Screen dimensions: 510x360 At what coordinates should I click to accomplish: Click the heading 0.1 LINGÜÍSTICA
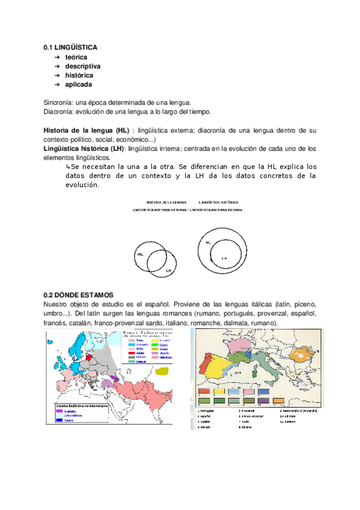70,47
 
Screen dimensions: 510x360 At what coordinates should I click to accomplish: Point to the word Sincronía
61,103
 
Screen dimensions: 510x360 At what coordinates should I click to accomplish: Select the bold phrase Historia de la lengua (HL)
87,131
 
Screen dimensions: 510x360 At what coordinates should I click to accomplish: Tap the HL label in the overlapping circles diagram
141,254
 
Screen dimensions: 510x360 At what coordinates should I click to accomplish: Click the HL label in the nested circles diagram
208,242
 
